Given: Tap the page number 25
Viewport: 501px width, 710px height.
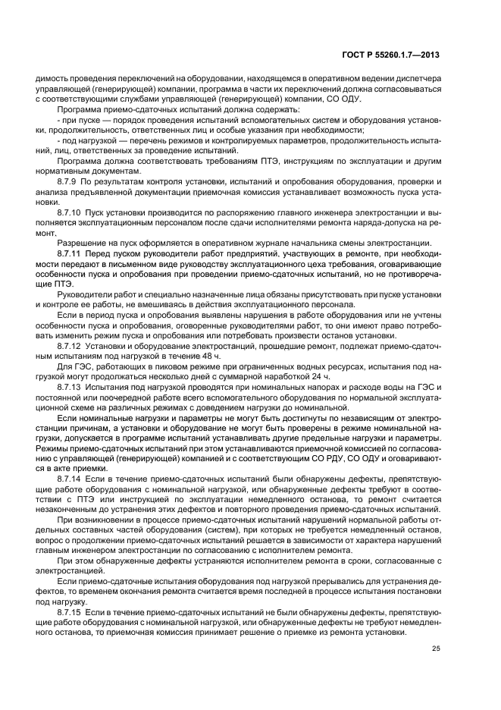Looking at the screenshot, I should [x=435, y=647].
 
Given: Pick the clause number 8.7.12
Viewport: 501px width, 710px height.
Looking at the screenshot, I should [x=71, y=345].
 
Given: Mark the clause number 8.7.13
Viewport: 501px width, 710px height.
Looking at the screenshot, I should [x=71, y=387].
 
